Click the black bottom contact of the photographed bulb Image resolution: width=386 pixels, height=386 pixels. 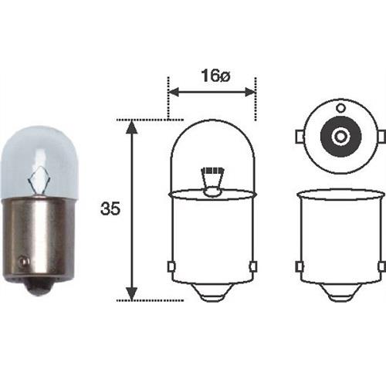[36, 286]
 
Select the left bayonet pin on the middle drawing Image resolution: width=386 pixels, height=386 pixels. [169, 266]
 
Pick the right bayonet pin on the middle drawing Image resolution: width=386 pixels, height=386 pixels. [253, 266]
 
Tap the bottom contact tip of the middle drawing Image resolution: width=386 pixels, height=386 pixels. [212, 294]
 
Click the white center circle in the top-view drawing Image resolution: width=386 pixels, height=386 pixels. [340, 137]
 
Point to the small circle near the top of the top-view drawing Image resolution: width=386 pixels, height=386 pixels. [340, 107]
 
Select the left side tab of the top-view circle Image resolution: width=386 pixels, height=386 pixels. [299, 137]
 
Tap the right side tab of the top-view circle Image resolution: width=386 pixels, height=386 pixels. [381, 137]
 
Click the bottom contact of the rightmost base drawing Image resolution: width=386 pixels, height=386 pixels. [340, 294]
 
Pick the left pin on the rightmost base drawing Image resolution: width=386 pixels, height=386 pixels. [298, 266]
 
